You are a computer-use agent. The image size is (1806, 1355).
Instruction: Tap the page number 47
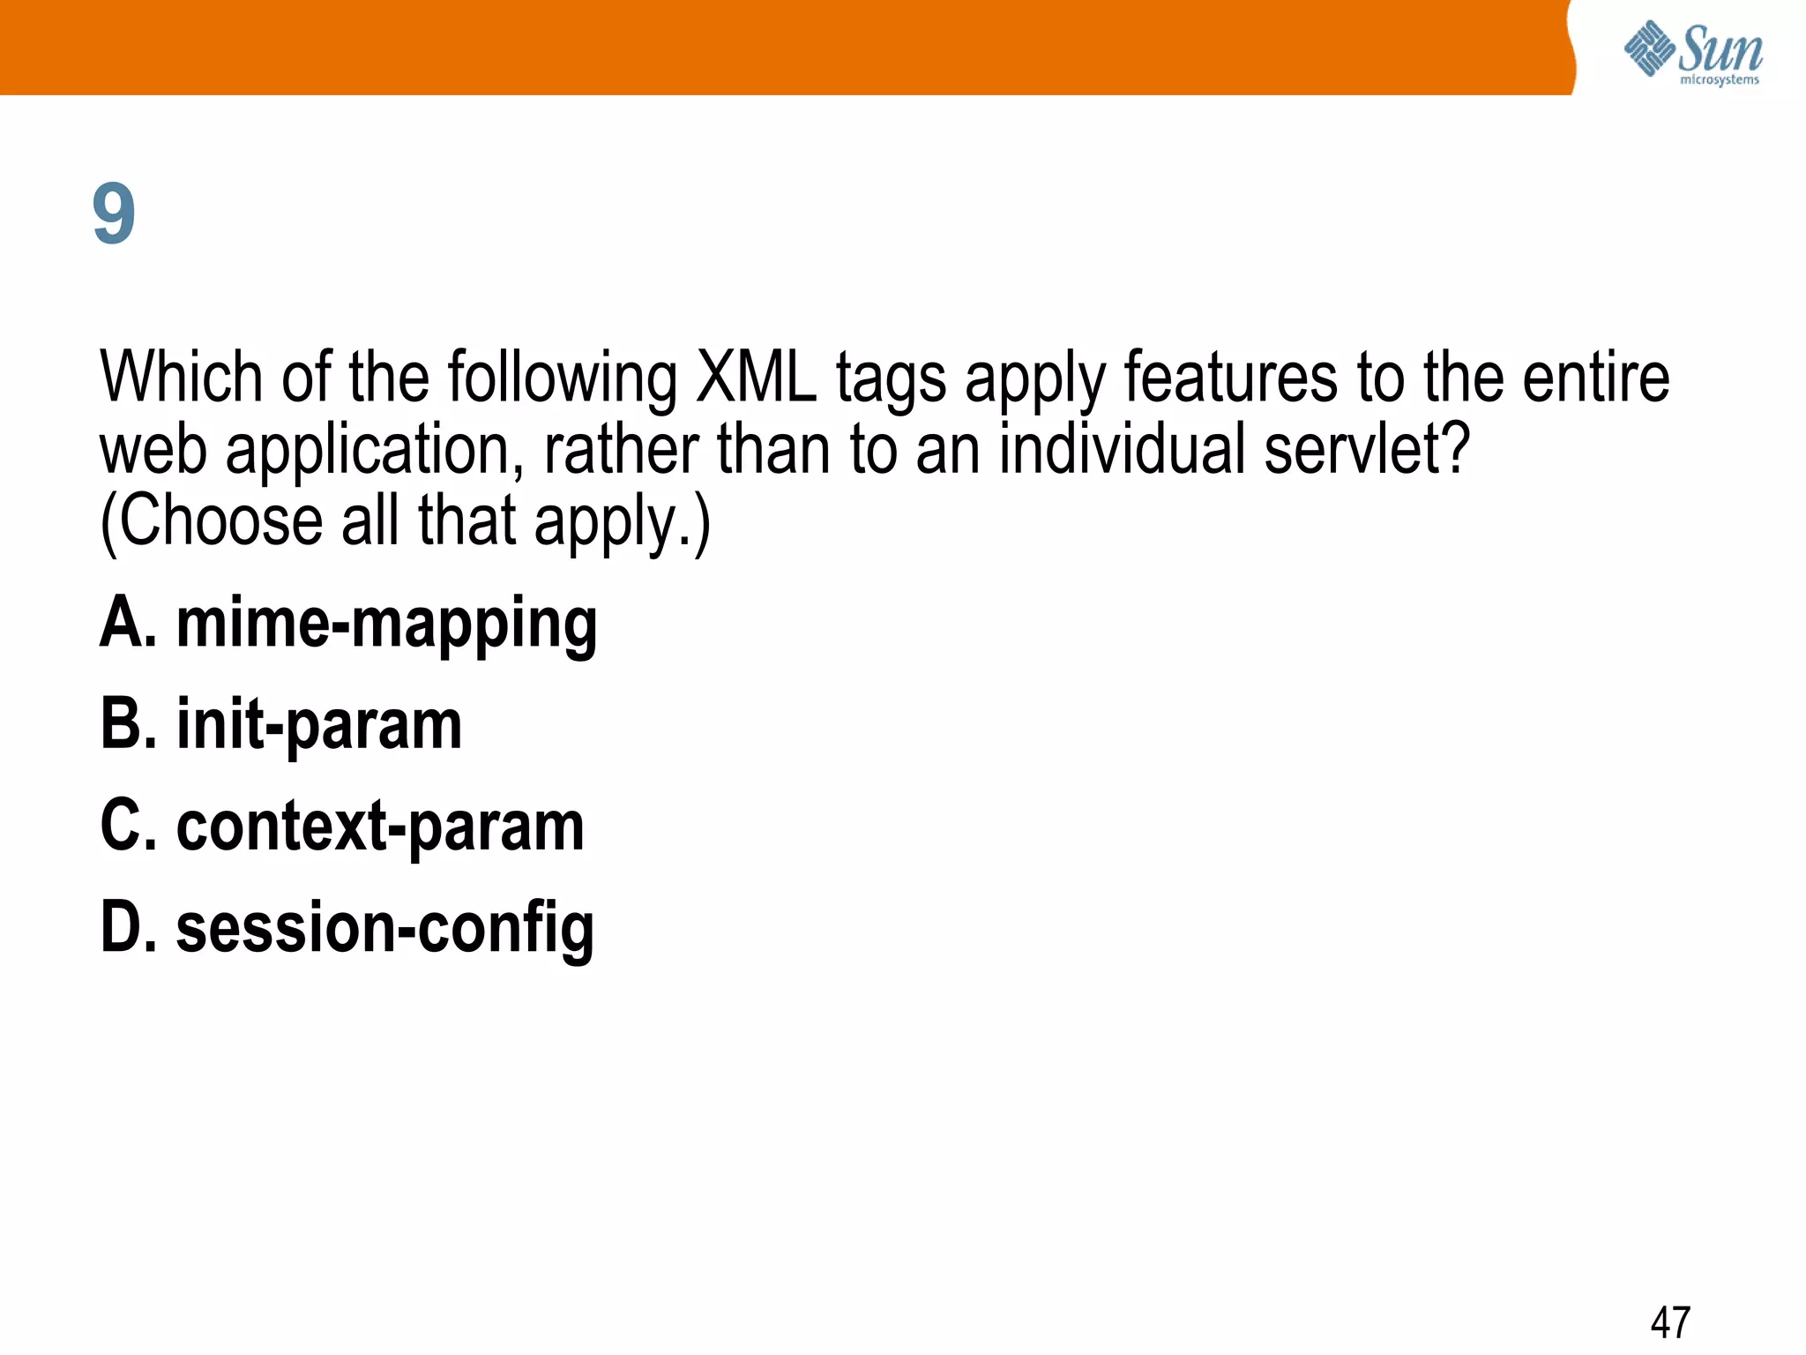tap(1670, 1322)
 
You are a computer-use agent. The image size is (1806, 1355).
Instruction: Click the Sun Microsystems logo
tap(1693, 53)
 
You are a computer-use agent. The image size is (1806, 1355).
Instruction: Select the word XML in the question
tap(756, 378)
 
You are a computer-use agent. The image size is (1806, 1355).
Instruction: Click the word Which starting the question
tap(182, 378)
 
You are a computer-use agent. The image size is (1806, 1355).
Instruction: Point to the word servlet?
tap(1367, 449)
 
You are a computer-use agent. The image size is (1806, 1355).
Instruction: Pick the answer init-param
tap(319, 725)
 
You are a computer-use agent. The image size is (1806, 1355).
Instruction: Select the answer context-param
tap(380, 827)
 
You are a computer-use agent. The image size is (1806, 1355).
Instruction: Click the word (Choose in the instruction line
tap(212, 522)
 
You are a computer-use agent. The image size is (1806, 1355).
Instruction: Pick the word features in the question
tap(1231, 378)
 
